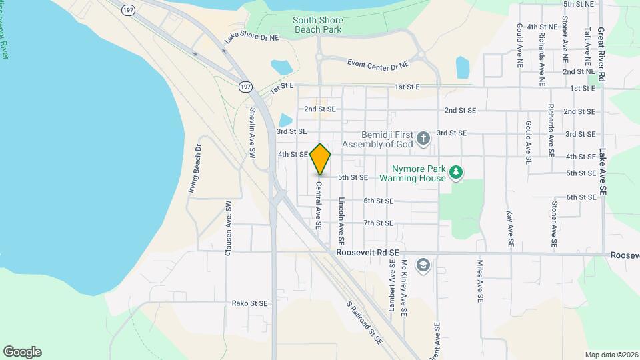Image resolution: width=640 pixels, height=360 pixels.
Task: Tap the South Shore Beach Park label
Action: pos(317,25)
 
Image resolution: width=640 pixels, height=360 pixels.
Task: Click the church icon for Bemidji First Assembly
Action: pos(422,139)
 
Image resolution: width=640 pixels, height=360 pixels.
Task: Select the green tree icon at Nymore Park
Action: pos(456,173)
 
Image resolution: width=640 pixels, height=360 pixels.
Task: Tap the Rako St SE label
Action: pos(249,303)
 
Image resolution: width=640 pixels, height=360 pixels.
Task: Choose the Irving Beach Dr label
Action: pos(195,169)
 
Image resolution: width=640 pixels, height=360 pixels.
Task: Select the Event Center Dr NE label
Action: pos(377,64)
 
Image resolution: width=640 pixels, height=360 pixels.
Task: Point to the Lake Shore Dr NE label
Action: pos(251,38)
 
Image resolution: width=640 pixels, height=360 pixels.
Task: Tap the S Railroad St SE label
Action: pos(364,322)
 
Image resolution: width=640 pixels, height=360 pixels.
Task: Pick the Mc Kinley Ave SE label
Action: pos(404,287)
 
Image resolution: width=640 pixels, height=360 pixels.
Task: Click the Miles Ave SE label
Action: pos(479,281)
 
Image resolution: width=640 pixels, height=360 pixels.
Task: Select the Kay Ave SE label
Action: pos(509,230)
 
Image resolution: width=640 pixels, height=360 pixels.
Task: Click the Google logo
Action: pos(22,352)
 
